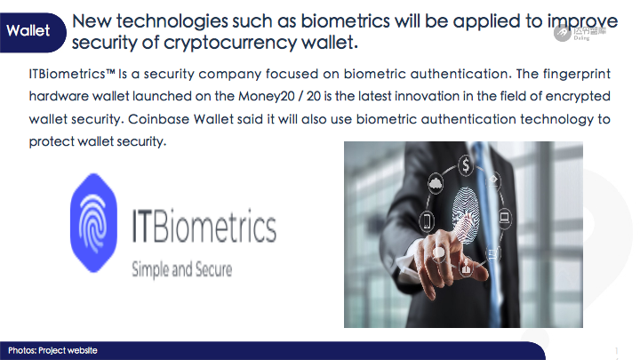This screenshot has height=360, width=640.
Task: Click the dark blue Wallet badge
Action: click(x=32, y=32)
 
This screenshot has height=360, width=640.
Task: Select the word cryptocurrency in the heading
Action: click(x=230, y=43)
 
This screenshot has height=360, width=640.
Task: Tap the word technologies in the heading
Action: click(x=172, y=22)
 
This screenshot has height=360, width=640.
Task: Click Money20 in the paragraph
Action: click(x=267, y=96)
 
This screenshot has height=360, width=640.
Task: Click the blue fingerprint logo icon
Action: click(x=94, y=223)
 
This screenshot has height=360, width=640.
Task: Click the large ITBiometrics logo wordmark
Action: click(x=204, y=226)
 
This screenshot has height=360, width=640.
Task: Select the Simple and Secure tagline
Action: click(x=181, y=269)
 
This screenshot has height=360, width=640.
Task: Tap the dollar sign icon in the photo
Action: click(x=466, y=165)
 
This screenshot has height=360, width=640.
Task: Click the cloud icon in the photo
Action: click(x=436, y=185)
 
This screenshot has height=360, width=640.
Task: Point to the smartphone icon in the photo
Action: click(x=427, y=221)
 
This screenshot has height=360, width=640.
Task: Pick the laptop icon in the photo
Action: click(x=505, y=217)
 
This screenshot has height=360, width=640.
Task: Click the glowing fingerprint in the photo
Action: click(x=466, y=215)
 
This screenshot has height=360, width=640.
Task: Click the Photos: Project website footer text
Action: click(x=52, y=350)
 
